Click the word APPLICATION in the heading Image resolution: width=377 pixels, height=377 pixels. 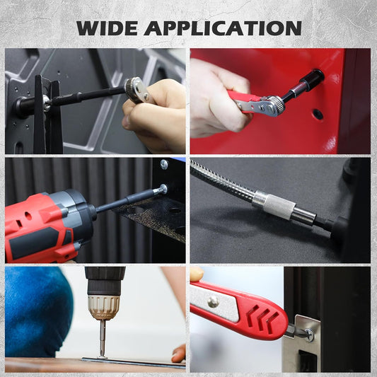tap(224, 28)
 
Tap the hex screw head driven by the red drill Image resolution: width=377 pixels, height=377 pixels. tap(163, 189)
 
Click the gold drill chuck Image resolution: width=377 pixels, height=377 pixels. tap(103, 304)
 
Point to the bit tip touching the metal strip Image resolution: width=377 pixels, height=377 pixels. tap(103, 354)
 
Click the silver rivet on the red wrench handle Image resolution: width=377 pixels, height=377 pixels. tap(213, 302)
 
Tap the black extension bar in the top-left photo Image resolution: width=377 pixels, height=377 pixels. tap(86, 98)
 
